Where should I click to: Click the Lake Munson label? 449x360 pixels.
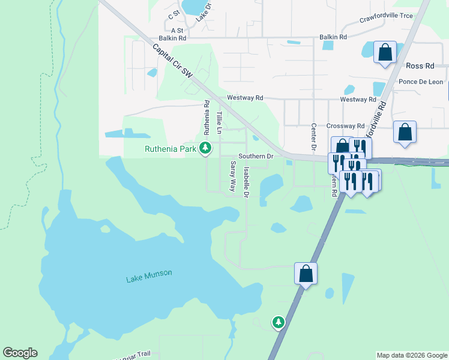[x=149, y=274]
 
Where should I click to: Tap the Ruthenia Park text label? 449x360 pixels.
[x=171, y=149]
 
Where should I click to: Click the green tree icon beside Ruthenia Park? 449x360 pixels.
[x=206, y=148]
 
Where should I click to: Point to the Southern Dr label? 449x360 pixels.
[x=256, y=156]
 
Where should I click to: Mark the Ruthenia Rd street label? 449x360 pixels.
[x=206, y=116]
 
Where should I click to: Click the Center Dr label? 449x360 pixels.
[x=313, y=137]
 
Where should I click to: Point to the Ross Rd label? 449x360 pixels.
[x=420, y=66]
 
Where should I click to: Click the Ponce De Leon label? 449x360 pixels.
[x=420, y=82]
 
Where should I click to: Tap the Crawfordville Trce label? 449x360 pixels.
[x=386, y=16]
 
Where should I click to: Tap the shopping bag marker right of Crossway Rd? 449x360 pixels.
[x=405, y=131]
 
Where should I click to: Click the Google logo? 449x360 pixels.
[x=20, y=353]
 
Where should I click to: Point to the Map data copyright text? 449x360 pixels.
[x=412, y=355]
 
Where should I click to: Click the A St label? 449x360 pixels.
[x=176, y=30]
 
